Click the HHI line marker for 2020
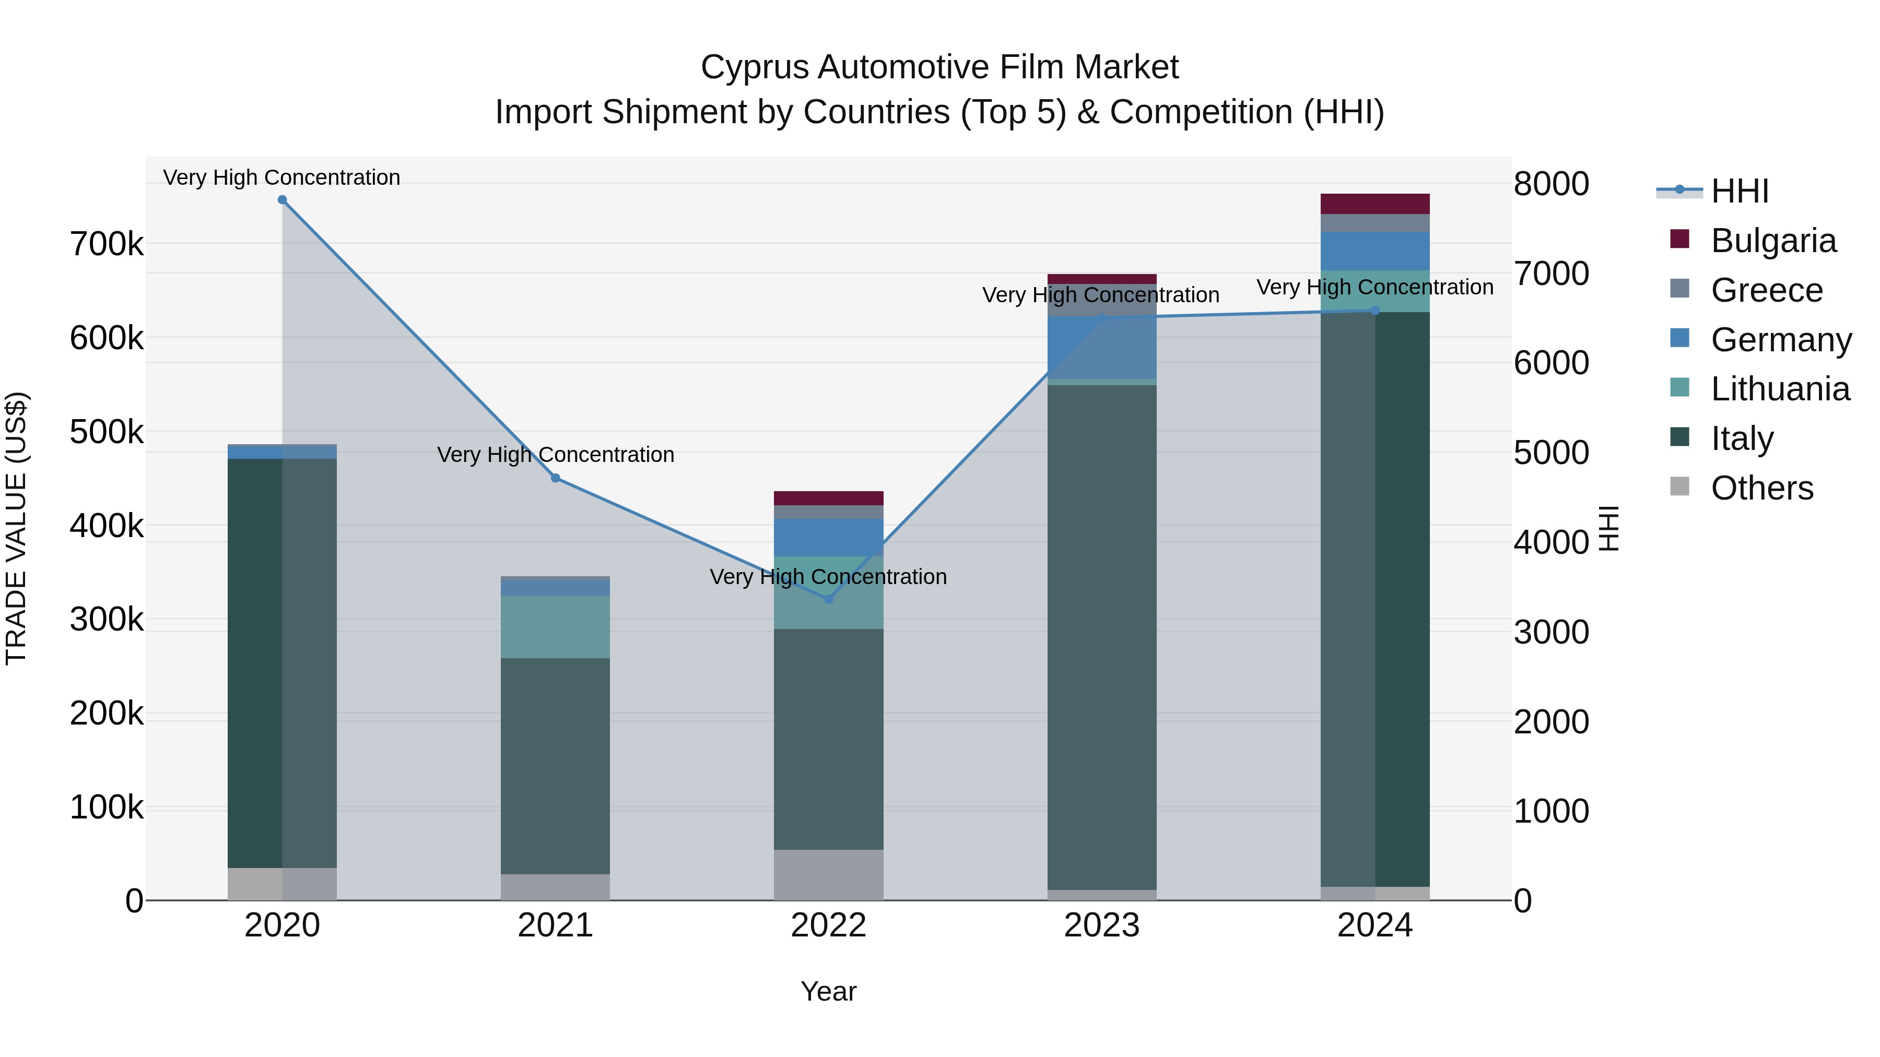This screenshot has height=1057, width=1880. coord(283,200)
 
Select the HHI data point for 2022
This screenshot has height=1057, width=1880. coord(828,599)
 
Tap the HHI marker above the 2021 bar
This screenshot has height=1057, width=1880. coord(556,478)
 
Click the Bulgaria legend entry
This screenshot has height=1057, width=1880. coord(1773,241)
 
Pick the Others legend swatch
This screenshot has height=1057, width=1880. coord(1679,486)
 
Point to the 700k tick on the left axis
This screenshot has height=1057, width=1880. coord(107,244)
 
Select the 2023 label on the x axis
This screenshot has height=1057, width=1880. coord(1101,925)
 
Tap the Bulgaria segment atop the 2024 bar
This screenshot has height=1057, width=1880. coord(1375,204)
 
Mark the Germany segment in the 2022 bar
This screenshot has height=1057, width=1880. coord(828,538)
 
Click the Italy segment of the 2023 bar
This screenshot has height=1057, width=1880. coord(1101,635)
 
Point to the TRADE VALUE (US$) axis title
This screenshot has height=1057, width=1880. coord(16,528)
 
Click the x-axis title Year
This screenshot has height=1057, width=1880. coord(828,991)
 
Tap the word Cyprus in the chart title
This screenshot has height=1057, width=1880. coord(755,67)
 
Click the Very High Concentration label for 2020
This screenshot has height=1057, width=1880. coord(281,177)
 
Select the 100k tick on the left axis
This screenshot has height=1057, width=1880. coord(107,807)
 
